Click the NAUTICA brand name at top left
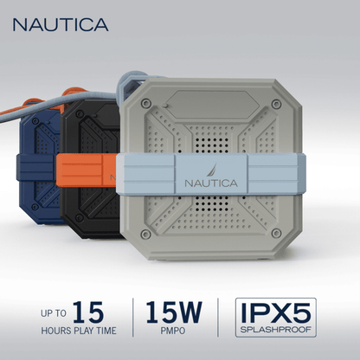(60, 24)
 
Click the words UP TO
(51, 312)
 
